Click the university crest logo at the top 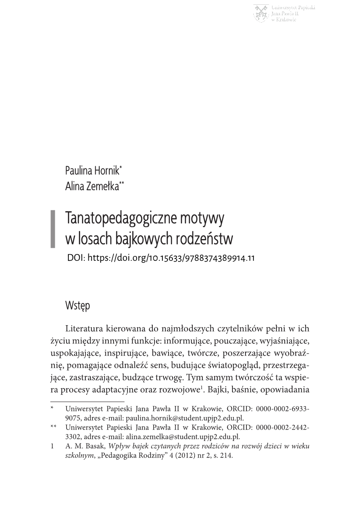[x=261, y=13]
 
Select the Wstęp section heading [x=77, y=306]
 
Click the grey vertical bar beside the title [x=53, y=229]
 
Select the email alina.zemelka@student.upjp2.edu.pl [x=183, y=437]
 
